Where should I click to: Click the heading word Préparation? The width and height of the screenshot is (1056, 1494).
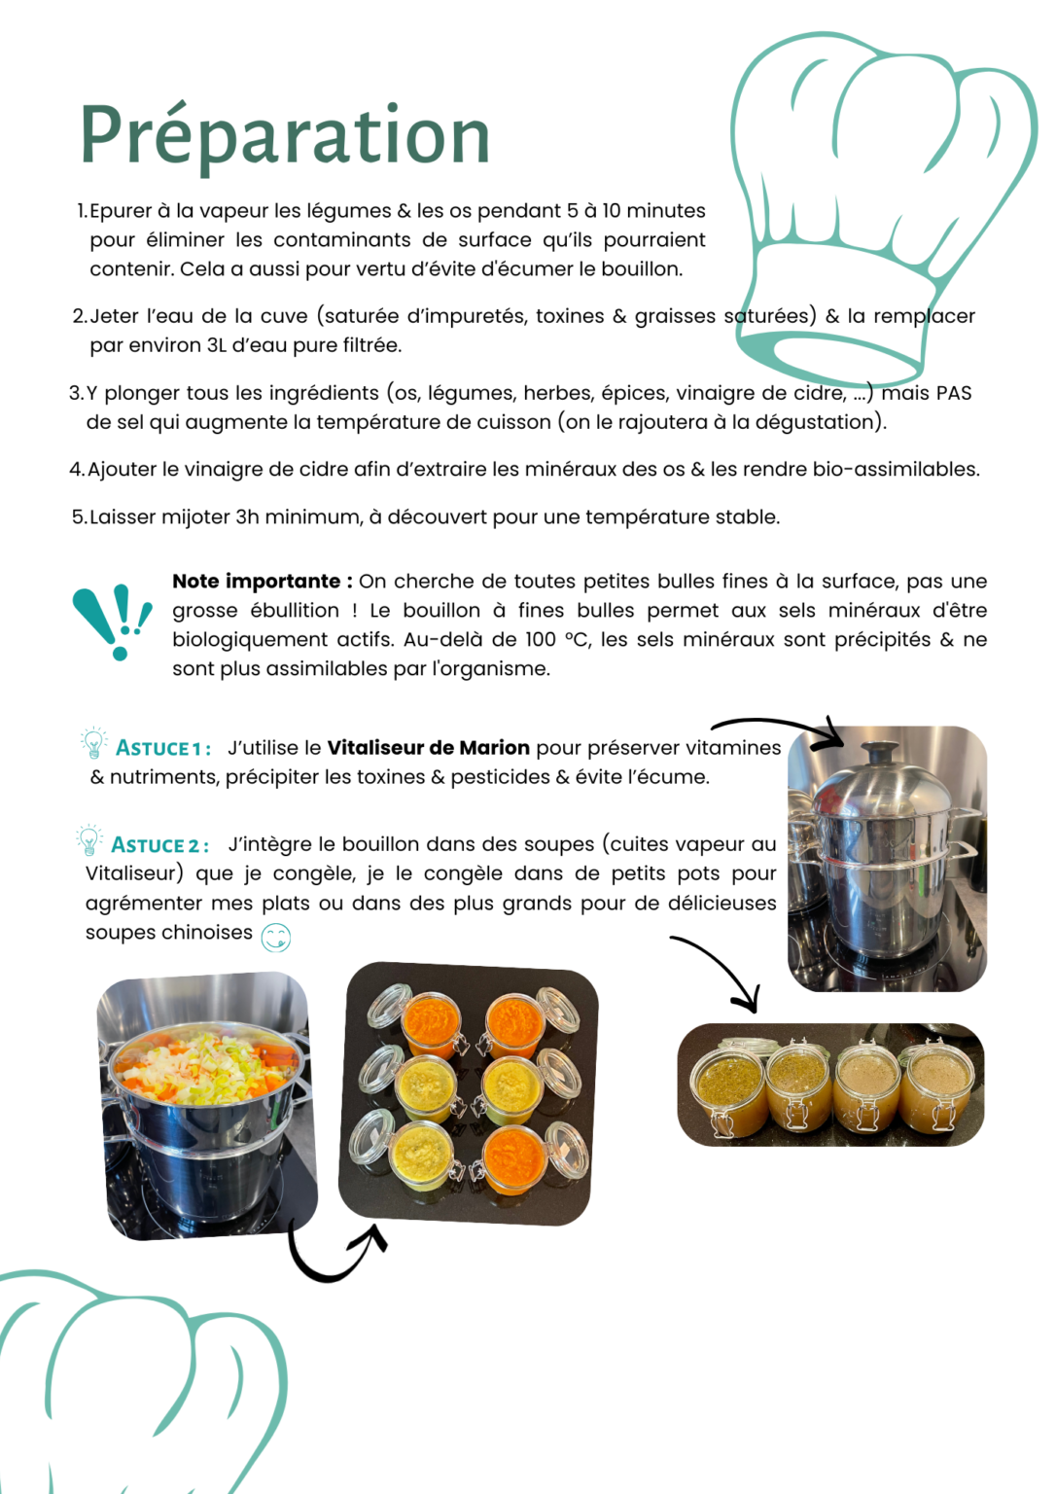click(x=285, y=137)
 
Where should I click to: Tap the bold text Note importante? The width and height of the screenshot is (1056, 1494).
click(x=257, y=581)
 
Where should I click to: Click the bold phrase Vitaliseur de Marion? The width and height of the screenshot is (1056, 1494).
click(x=428, y=748)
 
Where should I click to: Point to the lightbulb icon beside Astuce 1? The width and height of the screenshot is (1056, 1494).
click(x=93, y=742)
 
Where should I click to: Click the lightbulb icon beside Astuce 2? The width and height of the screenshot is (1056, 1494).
click(x=89, y=839)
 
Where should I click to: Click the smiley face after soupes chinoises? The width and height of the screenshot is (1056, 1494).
click(x=275, y=937)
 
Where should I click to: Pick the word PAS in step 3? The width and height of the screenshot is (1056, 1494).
click(x=953, y=393)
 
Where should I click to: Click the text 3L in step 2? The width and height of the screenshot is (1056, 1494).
click(x=216, y=345)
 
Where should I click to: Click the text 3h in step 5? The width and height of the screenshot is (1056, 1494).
click(x=247, y=516)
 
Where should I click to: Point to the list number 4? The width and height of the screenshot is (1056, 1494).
click(x=76, y=470)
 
